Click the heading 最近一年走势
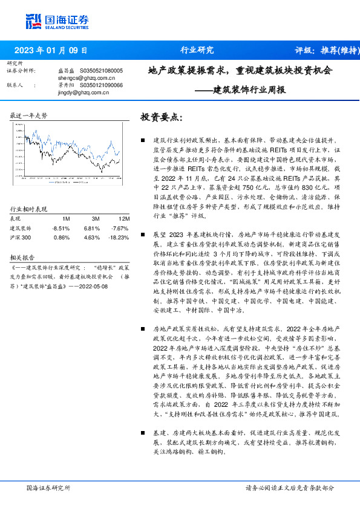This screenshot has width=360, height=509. tap(28, 115)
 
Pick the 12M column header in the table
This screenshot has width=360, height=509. tap(123, 219)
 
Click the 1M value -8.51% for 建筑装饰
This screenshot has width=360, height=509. tap(62, 229)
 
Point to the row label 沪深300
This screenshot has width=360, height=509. tap(21, 238)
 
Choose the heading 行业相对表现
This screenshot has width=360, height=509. tap(28, 209)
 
